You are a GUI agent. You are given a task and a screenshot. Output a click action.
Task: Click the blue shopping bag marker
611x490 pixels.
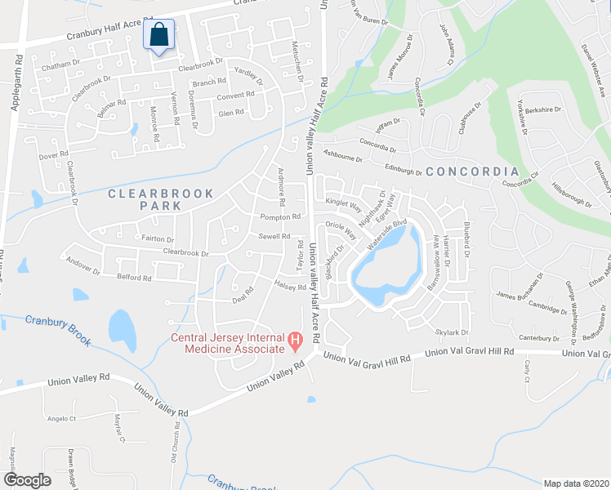click(x=159, y=37)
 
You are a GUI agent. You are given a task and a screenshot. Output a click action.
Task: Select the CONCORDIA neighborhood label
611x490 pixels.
click(x=472, y=171)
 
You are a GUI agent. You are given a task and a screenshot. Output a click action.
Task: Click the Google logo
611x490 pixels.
click(x=27, y=479)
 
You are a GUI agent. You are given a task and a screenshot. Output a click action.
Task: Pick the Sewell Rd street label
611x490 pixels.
click(x=274, y=237)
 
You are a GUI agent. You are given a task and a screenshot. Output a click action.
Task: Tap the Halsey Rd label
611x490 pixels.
click(x=290, y=287)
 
